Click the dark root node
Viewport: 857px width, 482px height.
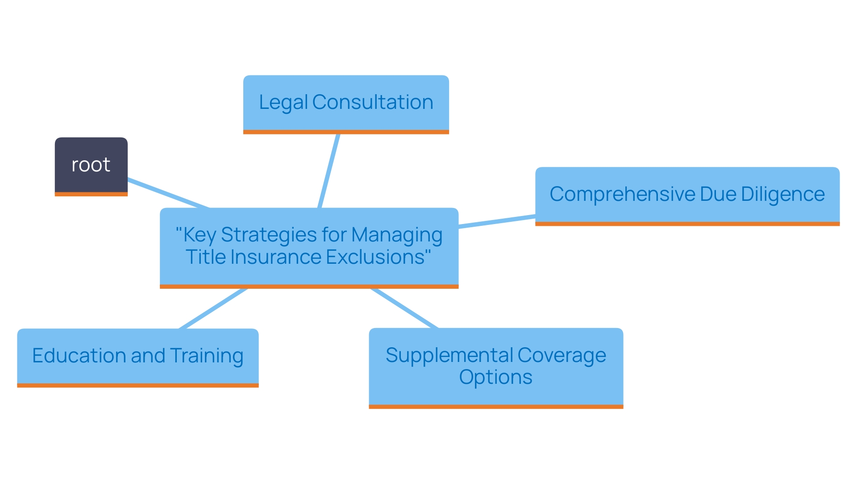[x=91, y=166]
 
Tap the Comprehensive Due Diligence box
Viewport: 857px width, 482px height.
[x=687, y=195]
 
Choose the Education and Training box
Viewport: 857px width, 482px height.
[x=138, y=357]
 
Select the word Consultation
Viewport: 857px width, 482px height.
[x=373, y=103]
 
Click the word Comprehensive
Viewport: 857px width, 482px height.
[x=622, y=195]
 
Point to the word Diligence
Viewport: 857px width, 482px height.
[x=782, y=195]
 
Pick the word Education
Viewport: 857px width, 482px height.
[x=79, y=356]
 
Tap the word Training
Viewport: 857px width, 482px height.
[x=207, y=356]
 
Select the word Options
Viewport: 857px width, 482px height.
[x=495, y=378]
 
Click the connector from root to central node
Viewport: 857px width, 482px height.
[x=168, y=194]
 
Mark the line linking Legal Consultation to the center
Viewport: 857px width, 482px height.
[x=329, y=171]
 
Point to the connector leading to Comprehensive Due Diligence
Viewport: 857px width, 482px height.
[x=497, y=221]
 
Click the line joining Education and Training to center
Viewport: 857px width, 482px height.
[x=213, y=308]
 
